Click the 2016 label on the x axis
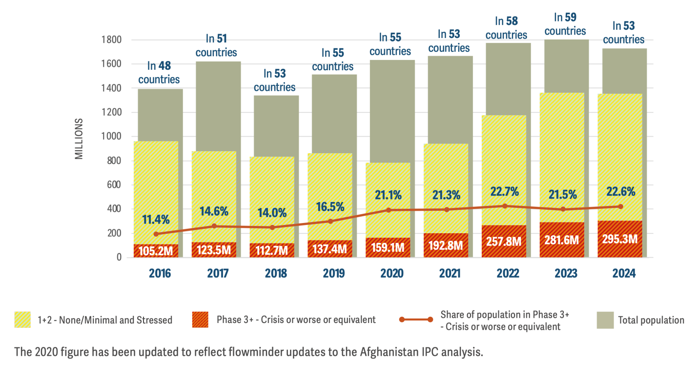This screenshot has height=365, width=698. click(x=160, y=273)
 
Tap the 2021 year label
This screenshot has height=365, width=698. click(x=450, y=273)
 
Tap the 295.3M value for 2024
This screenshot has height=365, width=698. click(x=620, y=239)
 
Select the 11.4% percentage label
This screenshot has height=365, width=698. click(x=156, y=219)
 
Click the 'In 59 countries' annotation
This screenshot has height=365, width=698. click(x=565, y=24)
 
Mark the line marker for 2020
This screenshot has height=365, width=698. click(x=389, y=210)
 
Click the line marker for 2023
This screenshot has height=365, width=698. click(x=563, y=209)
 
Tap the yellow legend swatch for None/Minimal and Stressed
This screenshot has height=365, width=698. click(x=22, y=320)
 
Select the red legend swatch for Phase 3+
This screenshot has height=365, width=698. click(x=200, y=320)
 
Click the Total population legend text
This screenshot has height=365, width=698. click(x=651, y=320)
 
